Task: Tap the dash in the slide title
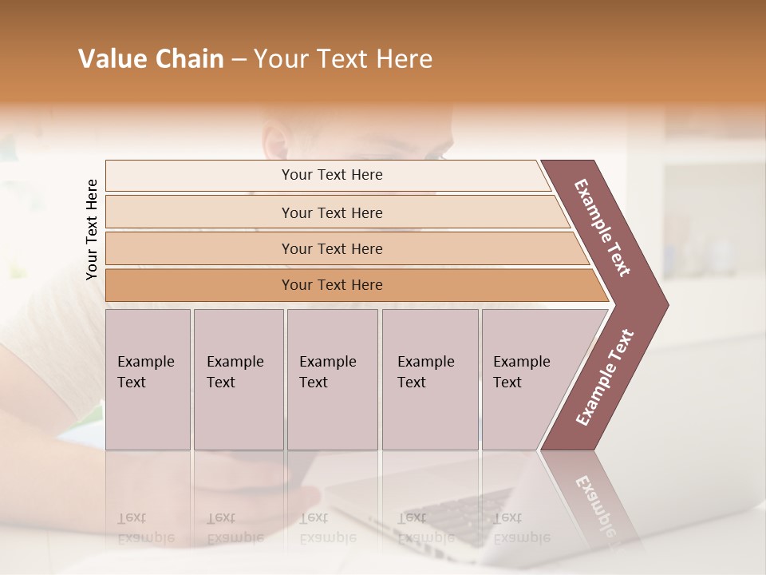[239, 60]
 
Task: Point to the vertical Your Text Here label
[92, 229]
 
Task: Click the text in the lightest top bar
[332, 175]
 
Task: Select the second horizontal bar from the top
[332, 212]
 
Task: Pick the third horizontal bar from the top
[332, 248]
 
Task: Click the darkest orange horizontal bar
[332, 285]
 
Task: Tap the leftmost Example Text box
[148, 379]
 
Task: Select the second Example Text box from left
[238, 379]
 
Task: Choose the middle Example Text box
[332, 379]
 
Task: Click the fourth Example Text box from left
[430, 379]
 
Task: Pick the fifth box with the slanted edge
[531, 379]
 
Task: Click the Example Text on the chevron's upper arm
[602, 228]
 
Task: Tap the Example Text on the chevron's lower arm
[605, 378]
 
